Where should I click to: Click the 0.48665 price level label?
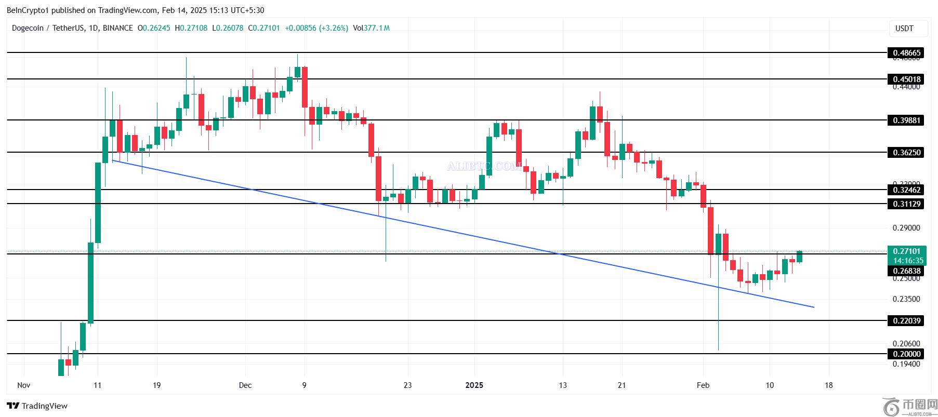[906, 52]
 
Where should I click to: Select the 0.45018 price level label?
[906, 79]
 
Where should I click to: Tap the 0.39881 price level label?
[906, 120]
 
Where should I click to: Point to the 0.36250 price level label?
[906, 152]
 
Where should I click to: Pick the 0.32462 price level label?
[906, 190]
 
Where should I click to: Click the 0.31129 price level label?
[906, 204]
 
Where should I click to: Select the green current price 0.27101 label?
[906, 251]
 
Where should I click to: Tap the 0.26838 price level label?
[906, 271]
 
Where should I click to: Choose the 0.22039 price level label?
[906, 320]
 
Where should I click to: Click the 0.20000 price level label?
[906, 354]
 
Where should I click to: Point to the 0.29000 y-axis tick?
[906, 228]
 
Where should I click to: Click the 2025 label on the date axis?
[474, 385]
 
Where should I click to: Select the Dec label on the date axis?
[245, 385]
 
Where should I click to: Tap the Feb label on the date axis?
[703, 385]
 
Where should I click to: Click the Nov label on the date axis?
[23, 385]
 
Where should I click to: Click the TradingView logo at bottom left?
[37, 406]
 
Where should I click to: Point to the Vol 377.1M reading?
[371, 28]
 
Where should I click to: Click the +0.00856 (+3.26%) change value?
[316, 28]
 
